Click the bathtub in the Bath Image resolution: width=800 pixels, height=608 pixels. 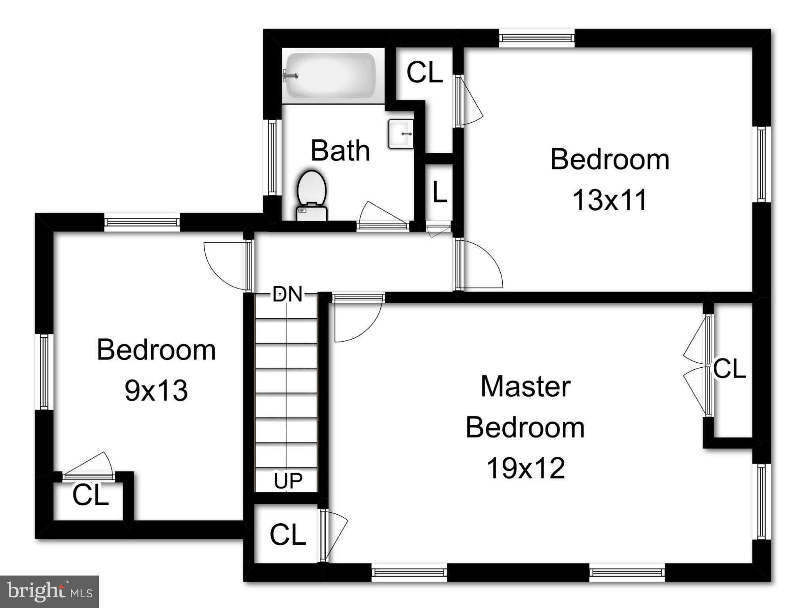(331, 75)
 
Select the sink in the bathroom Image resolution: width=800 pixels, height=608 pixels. (401, 134)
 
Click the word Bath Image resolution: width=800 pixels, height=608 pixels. (340, 150)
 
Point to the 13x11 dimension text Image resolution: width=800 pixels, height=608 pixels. (610, 199)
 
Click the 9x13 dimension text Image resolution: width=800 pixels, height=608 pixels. (156, 390)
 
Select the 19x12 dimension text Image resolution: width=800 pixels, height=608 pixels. (526, 468)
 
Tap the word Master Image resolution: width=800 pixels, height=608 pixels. (525, 386)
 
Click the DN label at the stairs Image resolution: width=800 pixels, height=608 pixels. (287, 294)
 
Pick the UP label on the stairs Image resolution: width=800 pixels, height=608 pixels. (288, 481)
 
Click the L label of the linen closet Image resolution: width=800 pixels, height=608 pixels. (439, 192)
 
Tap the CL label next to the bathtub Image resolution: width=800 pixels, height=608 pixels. (424, 72)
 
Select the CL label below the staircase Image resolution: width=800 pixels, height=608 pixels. (288, 535)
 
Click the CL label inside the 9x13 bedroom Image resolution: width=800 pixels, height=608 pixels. (90, 495)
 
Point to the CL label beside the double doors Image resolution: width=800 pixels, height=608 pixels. (730, 369)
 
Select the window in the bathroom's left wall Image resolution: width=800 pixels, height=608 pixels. (272, 157)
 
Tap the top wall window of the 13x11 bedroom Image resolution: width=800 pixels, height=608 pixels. (536, 38)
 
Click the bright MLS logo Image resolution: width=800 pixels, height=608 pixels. (49, 591)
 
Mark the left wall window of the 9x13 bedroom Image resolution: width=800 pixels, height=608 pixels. (44, 372)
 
